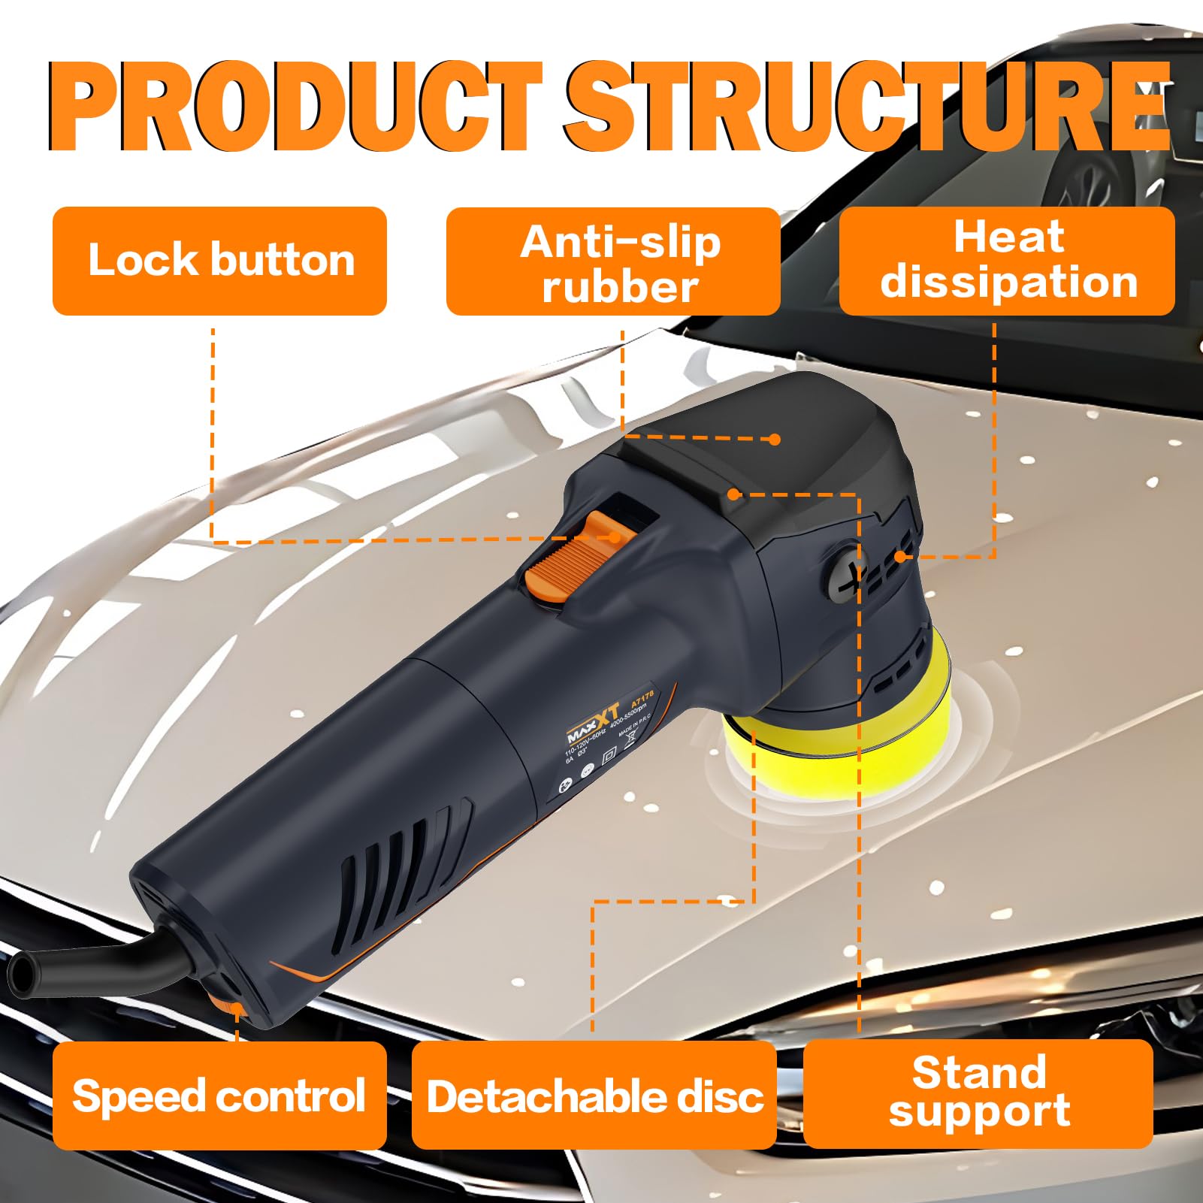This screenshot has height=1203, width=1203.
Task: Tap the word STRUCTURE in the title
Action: click(868, 107)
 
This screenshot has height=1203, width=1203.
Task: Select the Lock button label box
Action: click(219, 261)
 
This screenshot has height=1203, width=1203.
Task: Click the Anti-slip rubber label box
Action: click(613, 261)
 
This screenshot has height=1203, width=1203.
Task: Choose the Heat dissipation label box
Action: click(1007, 261)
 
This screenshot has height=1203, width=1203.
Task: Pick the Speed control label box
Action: click(219, 1096)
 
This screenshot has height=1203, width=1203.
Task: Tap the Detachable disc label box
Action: click(594, 1096)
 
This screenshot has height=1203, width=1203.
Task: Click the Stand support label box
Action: click(978, 1094)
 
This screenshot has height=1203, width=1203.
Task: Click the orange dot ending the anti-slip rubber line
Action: click(775, 440)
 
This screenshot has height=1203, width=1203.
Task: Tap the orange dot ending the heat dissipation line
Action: click(900, 557)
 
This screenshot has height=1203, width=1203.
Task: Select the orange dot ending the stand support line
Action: click(733, 494)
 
